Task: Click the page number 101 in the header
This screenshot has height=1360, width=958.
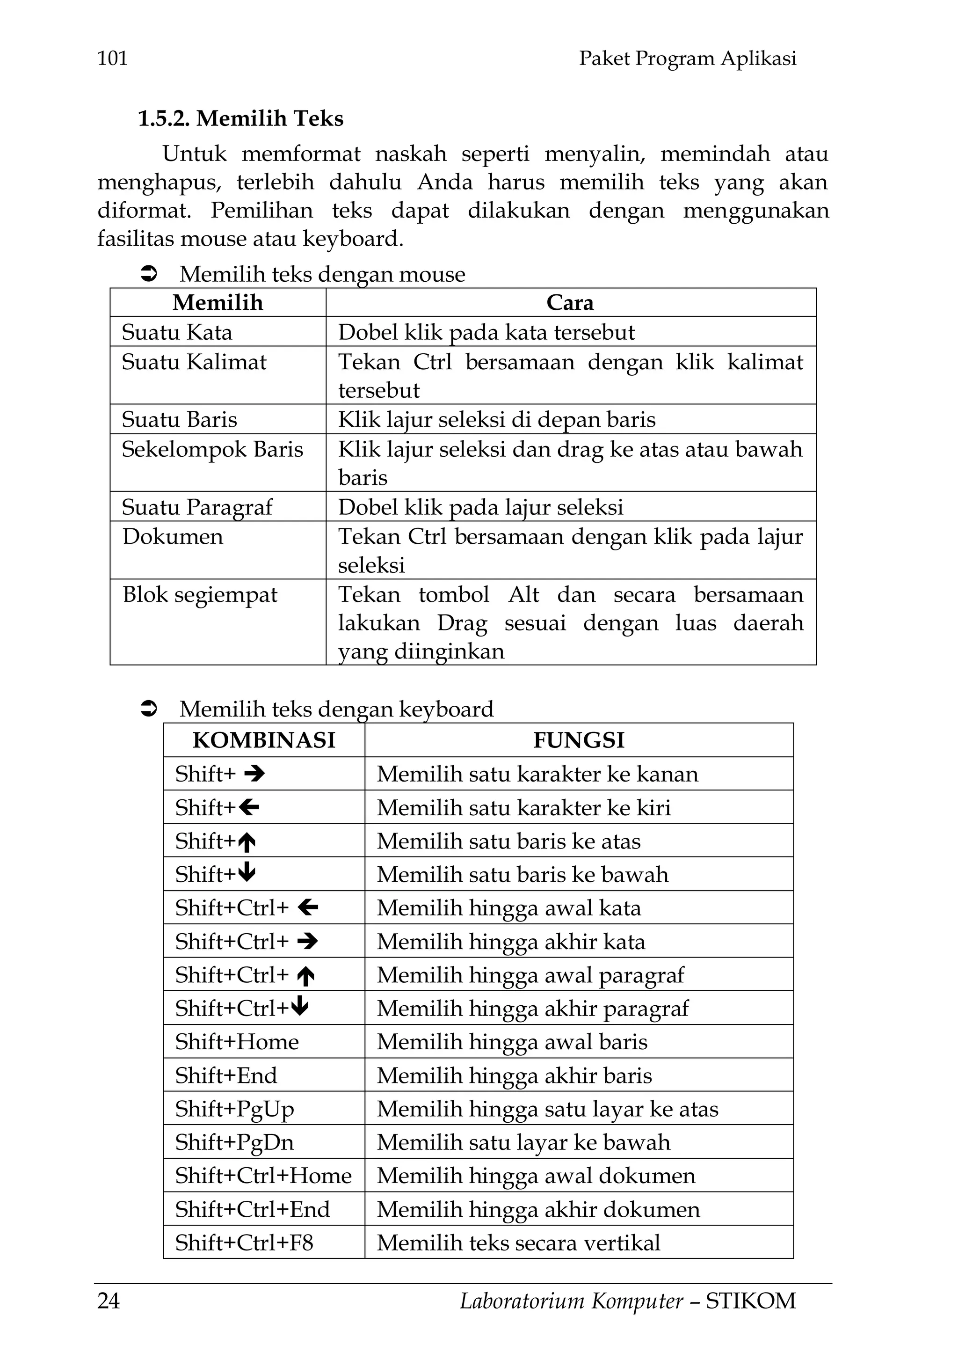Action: (112, 58)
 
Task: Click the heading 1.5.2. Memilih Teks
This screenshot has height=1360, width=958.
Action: (240, 119)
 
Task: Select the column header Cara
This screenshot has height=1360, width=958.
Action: (570, 303)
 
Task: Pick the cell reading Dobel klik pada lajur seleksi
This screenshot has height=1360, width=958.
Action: (480, 507)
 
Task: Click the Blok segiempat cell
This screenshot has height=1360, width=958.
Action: (200, 595)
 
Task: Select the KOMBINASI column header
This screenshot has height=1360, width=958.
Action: (264, 740)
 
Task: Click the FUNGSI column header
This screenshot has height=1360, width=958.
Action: (579, 740)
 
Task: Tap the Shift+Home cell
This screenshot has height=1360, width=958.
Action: (237, 1042)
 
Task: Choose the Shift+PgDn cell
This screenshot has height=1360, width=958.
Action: (234, 1142)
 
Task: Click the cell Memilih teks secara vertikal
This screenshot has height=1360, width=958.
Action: (518, 1243)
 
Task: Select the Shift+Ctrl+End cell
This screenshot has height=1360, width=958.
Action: (252, 1210)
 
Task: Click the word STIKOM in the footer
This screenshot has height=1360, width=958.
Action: (751, 1302)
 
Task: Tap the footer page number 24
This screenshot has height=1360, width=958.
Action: (109, 1302)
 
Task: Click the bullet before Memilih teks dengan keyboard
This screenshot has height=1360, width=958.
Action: (148, 709)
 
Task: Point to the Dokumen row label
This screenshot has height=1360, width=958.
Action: (173, 537)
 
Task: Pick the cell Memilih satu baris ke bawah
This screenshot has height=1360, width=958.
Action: (522, 875)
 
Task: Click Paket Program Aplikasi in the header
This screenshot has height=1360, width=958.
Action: (688, 58)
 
